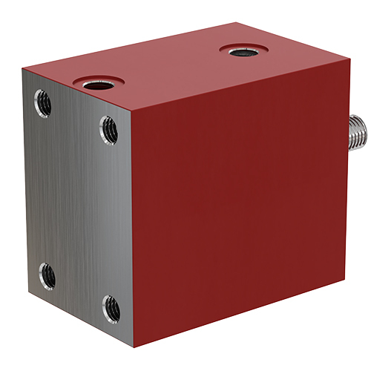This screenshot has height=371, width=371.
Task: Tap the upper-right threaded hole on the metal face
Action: [108, 131]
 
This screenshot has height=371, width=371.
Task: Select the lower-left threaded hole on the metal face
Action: [46, 276]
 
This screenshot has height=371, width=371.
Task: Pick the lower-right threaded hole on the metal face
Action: [111, 307]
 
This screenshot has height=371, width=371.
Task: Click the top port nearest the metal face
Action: [96, 83]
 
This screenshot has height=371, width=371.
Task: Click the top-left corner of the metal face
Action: [23, 68]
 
